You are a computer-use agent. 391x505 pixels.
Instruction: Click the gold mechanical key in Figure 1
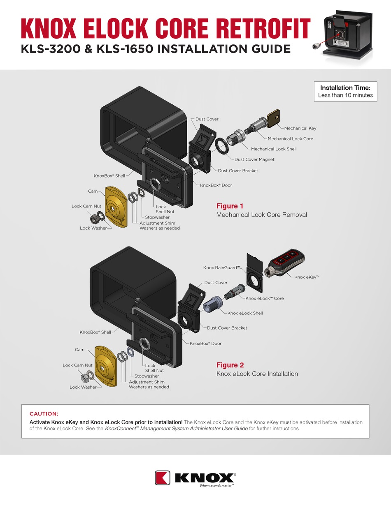[x=273, y=118]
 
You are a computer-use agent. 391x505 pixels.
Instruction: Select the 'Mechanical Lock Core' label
[x=290, y=139]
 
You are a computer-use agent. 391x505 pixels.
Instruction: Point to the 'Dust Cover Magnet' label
[x=254, y=159]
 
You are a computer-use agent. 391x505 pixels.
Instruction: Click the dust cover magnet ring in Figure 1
[x=221, y=146]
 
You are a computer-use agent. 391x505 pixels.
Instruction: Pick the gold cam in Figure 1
[x=116, y=206]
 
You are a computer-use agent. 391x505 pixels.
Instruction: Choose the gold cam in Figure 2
[x=106, y=366]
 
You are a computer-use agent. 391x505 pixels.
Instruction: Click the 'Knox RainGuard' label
[x=221, y=268]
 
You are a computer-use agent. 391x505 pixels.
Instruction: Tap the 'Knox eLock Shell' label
[x=245, y=313]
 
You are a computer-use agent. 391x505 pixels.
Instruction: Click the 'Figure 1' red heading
[x=230, y=206]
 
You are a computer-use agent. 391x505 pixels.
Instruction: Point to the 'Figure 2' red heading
[x=230, y=365]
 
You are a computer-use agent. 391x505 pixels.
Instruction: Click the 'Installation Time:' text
[x=345, y=88]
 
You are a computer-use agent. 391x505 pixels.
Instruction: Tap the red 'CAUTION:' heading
[x=44, y=414]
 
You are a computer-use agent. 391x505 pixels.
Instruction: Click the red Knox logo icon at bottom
[x=163, y=478]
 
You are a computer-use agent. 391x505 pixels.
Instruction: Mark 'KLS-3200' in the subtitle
[x=51, y=49]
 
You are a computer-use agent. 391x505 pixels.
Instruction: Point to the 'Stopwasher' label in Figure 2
[x=147, y=376]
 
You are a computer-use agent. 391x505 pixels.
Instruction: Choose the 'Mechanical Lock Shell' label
[x=274, y=149]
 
